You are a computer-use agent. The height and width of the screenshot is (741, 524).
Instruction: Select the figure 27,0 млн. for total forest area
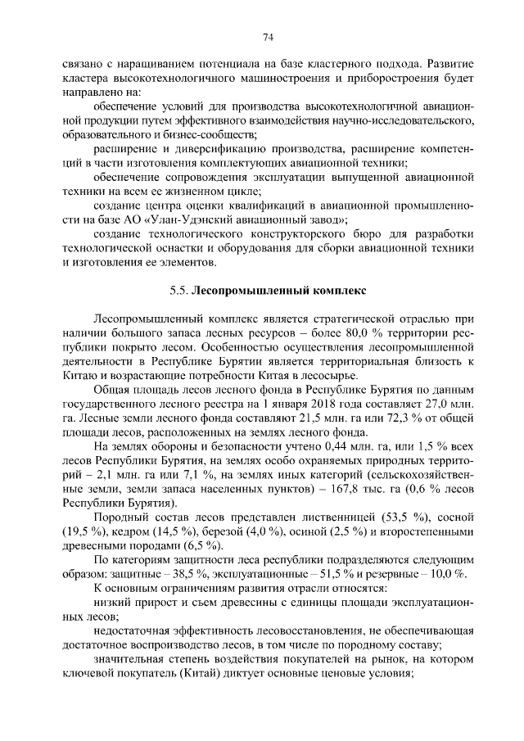click(x=449, y=403)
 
